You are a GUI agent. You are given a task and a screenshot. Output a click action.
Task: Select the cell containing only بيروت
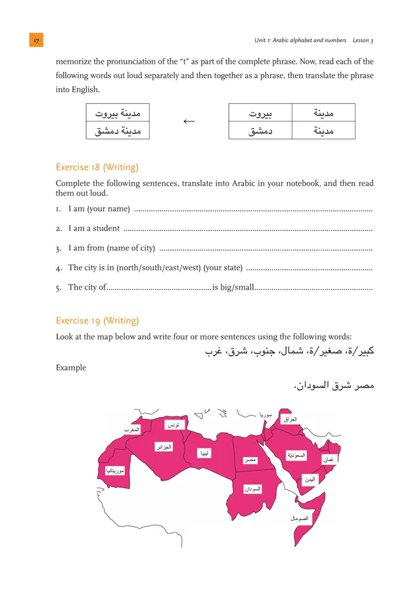(x=260, y=113)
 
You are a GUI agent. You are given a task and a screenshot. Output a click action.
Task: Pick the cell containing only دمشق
(x=260, y=131)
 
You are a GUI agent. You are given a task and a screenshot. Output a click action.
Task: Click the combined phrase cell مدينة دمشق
(x=118, y=131)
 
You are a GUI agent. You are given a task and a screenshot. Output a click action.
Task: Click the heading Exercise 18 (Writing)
(x=97, y=167)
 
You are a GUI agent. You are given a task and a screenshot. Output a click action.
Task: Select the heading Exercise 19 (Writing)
(x=97, y=320)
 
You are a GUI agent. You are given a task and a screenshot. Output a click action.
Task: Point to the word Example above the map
(x=71, y=368)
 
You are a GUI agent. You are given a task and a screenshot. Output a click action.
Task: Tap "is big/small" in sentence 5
(x=233, y=287)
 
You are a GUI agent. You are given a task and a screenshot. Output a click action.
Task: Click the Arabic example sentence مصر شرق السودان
(x=333, y=386)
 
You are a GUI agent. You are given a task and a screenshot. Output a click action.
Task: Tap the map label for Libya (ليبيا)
(x=206, y=453)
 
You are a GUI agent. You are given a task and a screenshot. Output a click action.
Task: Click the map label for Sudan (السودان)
(x=252, y=489)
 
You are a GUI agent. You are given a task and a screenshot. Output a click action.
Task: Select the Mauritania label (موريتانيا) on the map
(x=115, y=470)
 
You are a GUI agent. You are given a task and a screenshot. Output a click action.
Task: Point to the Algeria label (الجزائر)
(x=164, y=447)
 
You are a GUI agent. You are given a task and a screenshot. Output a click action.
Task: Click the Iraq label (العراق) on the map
(x=290, y=419)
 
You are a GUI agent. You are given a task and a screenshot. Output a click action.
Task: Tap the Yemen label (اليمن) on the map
(x=310, y=479)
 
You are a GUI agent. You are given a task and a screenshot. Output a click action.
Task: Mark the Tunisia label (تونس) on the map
(x=174, y=426)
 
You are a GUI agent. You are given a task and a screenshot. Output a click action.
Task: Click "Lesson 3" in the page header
(x=363, y=41)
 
